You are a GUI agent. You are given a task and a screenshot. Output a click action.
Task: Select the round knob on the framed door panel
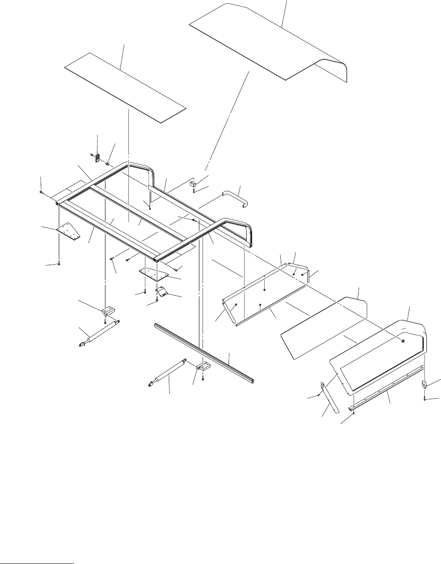[403, 340]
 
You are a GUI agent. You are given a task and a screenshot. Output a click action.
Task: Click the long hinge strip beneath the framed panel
[387, 387]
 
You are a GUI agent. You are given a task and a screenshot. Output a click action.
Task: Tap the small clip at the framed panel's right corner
[424, 385]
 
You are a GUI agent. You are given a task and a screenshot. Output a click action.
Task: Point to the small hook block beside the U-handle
[193, 184]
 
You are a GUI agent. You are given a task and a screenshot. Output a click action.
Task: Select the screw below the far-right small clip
[425, 399]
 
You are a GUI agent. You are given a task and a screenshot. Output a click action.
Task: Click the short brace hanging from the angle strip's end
[230, 310]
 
